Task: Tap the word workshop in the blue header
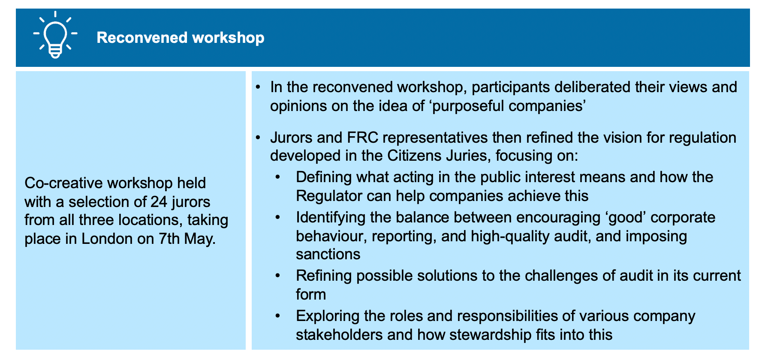tap(228, 38)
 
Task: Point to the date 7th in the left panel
tap(169, 239)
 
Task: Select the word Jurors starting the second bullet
tap(291, 138)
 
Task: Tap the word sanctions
tap(328, 254)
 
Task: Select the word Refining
tap(324, 276)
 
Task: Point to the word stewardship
tap(490, 335)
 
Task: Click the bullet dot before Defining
tap(277, 177)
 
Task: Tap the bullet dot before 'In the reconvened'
tap(258, 87)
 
